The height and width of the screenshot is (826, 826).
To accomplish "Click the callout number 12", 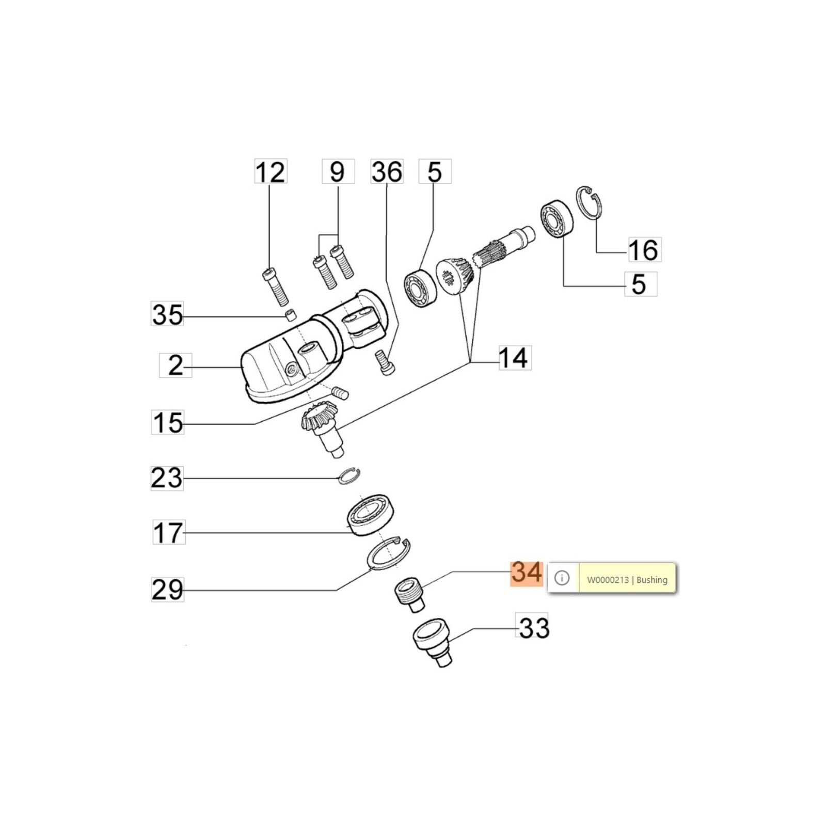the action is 271,172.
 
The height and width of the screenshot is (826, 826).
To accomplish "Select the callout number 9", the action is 338,171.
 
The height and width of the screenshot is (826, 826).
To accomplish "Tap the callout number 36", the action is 387,171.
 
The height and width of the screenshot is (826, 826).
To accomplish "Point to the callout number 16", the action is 644,250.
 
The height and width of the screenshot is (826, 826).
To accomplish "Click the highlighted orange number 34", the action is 527,573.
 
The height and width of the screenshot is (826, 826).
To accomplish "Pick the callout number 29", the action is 167,589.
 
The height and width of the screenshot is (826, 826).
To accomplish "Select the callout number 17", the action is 168,532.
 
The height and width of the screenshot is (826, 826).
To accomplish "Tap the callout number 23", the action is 167,478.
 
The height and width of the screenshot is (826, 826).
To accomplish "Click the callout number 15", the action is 168,422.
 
